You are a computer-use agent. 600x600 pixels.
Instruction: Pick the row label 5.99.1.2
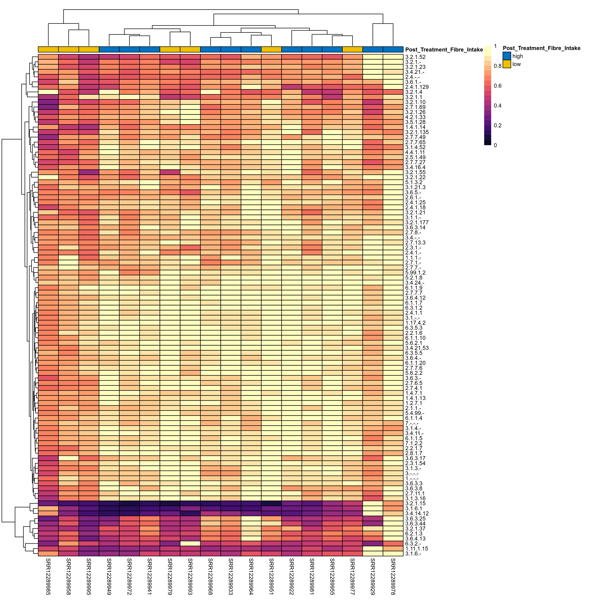pos(415,273)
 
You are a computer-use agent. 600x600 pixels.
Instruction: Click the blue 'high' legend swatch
pos(506,56)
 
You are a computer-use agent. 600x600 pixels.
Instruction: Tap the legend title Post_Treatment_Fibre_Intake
pos(541,48)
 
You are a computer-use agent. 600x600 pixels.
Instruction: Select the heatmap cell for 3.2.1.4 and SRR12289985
pos(48,92)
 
